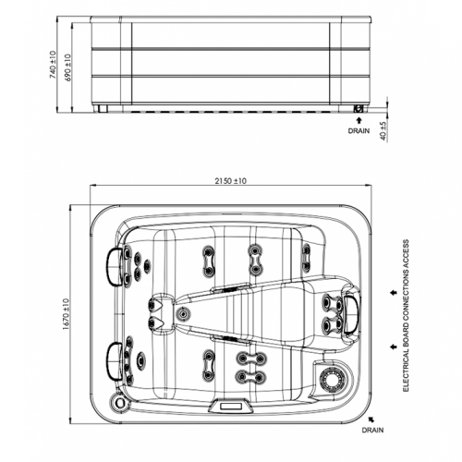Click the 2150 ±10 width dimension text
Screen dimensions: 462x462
coord(231,181)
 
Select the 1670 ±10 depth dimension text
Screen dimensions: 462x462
coord(66,314)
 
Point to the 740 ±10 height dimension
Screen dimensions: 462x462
coord(53,65)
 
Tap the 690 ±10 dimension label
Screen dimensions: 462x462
coord(67,67)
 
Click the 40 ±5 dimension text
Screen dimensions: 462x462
coord(383,131)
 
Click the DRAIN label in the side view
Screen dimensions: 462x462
coord(359,131)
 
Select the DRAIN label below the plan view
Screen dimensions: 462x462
coord(372,430)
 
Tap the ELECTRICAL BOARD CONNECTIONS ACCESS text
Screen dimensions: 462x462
coord(406,316)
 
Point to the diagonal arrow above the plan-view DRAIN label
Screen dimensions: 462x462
coord(371,419)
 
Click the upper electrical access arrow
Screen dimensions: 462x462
coord(394,293)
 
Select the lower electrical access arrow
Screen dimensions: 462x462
coord(394,347)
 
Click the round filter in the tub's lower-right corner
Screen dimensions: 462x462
coord(332,379)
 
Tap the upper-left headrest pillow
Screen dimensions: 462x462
coord(115,267)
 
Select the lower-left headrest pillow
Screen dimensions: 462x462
coord(114,361)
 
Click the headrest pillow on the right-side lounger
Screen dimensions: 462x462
coord(350,314)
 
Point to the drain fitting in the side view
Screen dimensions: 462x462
coord(359,108)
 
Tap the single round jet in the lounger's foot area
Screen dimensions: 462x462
coord(183,314)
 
